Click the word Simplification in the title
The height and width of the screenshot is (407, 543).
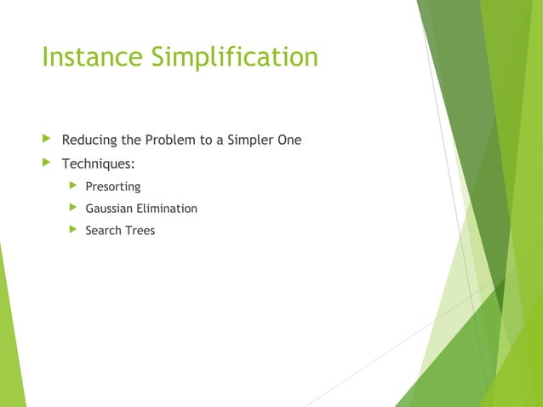tap(236, 57)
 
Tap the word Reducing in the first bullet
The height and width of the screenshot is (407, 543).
tap(89, 140)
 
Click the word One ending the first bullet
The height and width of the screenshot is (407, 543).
tap(289, 140)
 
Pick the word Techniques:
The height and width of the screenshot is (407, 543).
tap(98, 163)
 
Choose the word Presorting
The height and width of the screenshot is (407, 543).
tap(113, 186)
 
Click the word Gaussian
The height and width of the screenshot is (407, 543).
tap(111, 208)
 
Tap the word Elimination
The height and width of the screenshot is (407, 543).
tap(169, 208)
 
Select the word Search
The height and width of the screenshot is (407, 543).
tap(104, 230)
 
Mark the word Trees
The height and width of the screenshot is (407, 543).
tap(140, 230)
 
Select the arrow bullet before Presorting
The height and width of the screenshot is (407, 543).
tap(73, 186)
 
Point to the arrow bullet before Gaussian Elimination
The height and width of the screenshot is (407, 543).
tap(73, 208)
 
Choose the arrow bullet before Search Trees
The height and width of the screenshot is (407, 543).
tap(73, 230)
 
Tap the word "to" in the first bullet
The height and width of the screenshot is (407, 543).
tap(209, 140)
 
